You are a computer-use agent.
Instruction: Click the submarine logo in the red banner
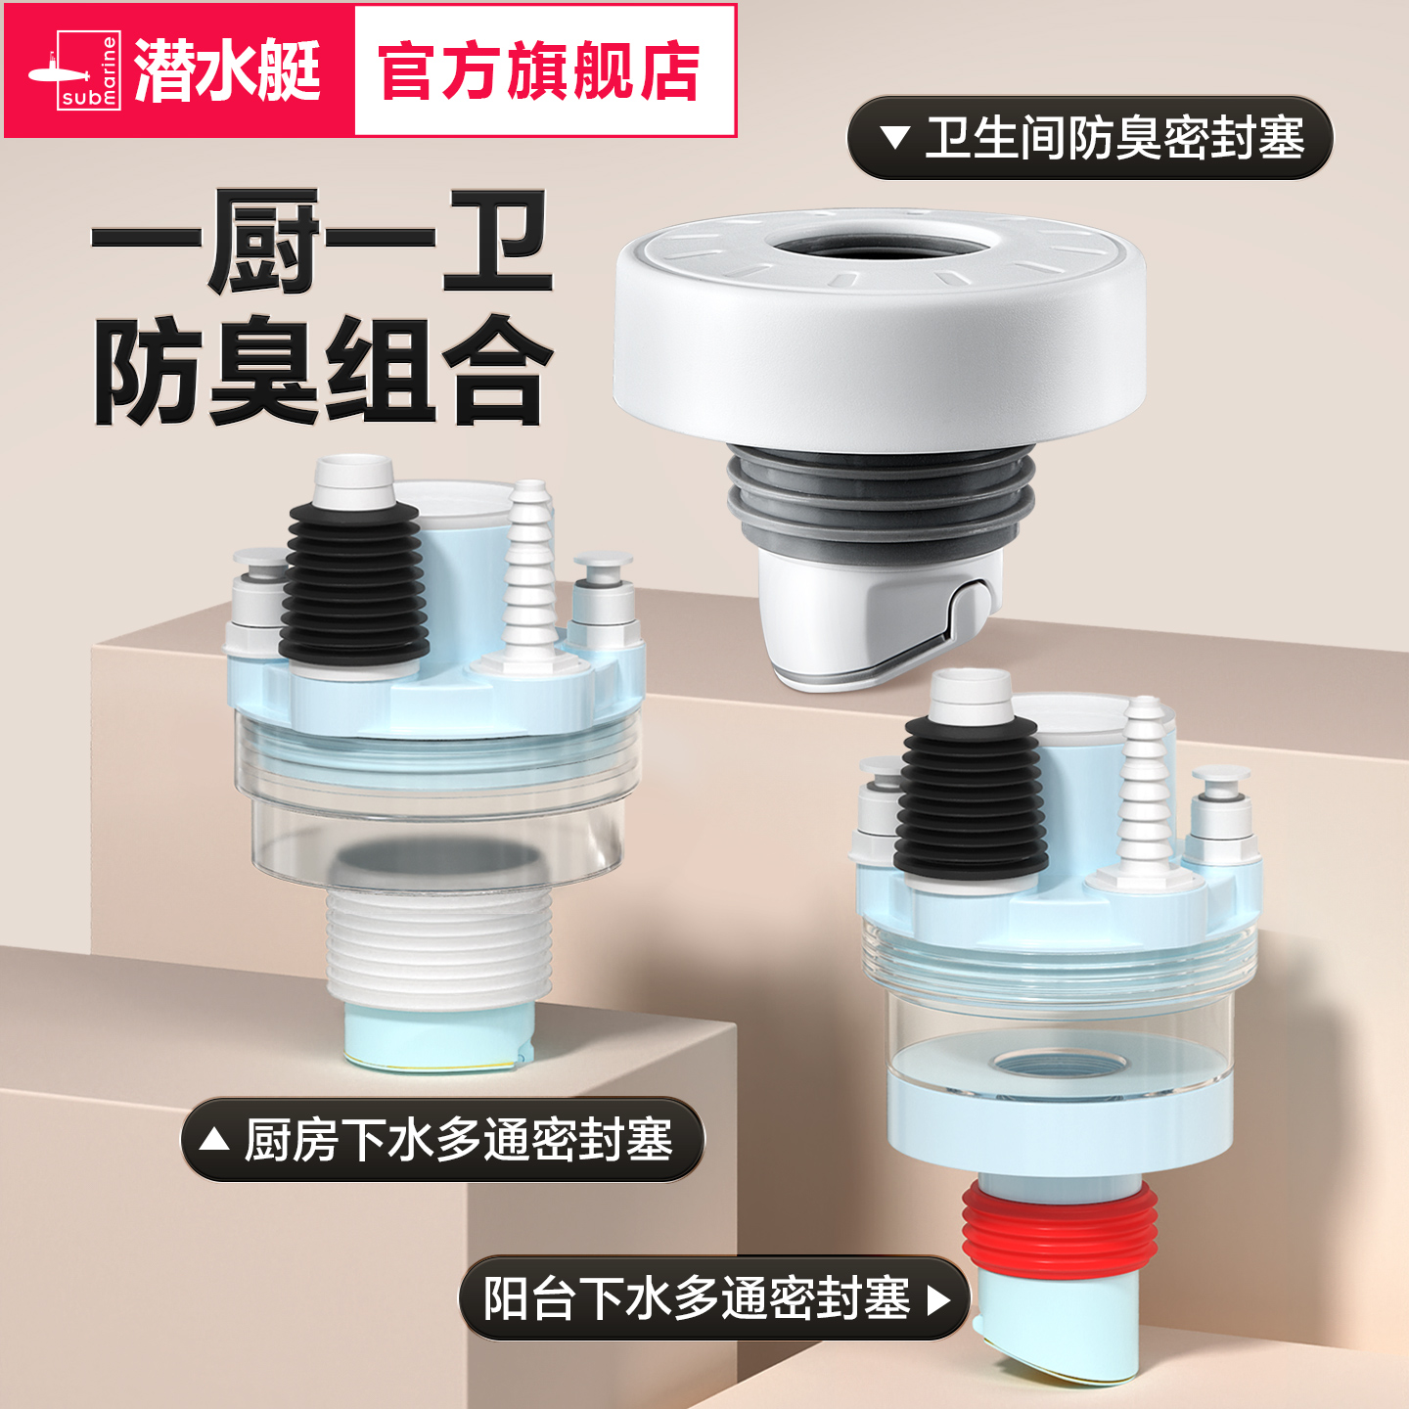[74, 71]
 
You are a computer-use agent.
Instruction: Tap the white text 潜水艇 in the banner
[227, 71]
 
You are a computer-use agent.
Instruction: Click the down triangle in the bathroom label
[894, 137]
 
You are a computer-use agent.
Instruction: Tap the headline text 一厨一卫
[323, 242]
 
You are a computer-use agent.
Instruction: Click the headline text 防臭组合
[323, 370]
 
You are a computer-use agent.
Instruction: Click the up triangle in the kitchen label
[213, 1140]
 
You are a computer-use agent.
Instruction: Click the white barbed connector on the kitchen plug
[529, 568]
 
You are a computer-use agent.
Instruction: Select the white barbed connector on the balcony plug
[1145, 783]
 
